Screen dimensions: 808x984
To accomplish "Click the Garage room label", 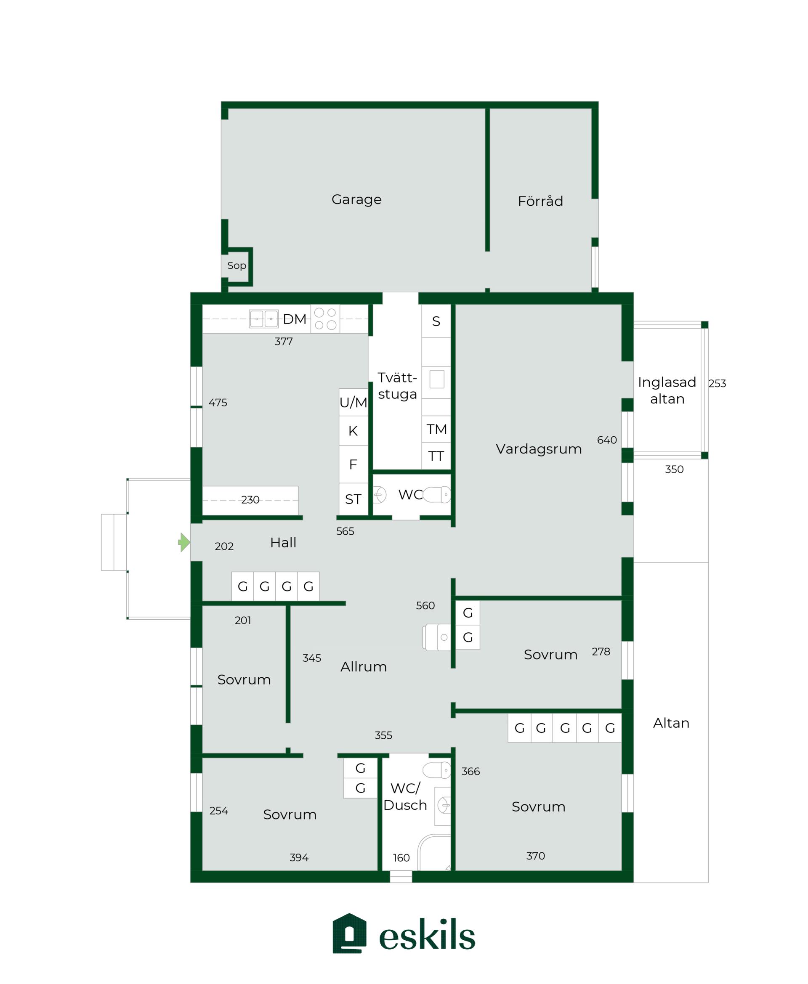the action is click(356, 199).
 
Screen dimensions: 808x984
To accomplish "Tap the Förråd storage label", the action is click(540, 201).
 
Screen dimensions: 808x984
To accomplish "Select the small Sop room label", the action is click(237, 265).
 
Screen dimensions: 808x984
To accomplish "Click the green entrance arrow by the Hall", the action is click(184, 542).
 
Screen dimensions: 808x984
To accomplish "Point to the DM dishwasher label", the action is click(295, 319).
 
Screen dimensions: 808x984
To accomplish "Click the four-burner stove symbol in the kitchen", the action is click(325, 319).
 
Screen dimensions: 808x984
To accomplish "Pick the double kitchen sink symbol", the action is click(264, 319).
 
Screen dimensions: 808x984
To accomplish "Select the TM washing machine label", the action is click(436, 429).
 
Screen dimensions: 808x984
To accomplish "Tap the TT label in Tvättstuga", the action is click(436, 456).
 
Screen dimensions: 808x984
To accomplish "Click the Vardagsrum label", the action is click(539, 449).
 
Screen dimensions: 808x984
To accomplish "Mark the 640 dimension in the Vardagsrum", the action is click(607, 440).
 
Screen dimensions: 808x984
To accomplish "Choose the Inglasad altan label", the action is click(667, 390).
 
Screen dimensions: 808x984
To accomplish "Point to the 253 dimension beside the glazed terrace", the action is click(717, 383).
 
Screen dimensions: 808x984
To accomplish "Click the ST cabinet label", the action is click(353, 499).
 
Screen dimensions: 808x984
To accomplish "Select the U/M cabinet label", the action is click(353, 403).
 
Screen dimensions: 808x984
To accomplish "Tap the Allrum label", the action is click(364, 667).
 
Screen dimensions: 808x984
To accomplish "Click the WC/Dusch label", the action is click(405, 796).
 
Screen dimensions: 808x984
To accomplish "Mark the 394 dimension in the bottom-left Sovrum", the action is click(299, 857).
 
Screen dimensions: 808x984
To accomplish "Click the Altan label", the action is click(671, 723).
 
